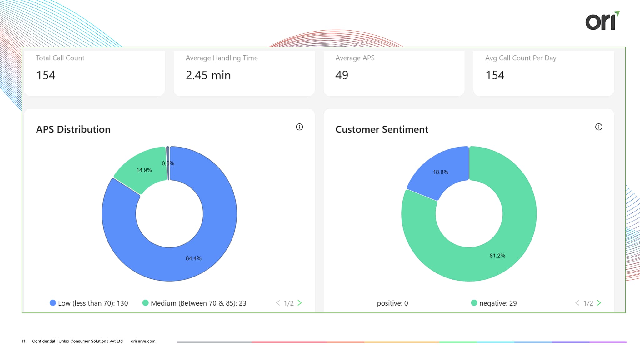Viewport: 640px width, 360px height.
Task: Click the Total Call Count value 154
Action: point(46,75)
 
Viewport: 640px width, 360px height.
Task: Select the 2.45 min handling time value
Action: point(208,75)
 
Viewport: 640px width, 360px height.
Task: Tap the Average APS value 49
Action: point(342,75)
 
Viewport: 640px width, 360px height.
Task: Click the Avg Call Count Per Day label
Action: point(521,58)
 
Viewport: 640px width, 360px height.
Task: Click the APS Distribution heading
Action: point(73,129)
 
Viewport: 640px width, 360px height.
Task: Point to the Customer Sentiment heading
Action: point(382,129)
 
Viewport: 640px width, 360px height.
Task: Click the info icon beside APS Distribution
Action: point(299,127)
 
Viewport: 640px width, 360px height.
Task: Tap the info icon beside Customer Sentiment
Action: point(598,127)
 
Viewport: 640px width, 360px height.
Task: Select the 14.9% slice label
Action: point(144,170)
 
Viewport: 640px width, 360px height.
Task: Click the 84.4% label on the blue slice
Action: point(193,258)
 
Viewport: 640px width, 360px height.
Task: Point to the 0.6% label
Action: point(168,163)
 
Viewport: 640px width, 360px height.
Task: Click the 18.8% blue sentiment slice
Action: point(441,172)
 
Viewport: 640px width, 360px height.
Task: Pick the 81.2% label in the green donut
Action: point(497,256)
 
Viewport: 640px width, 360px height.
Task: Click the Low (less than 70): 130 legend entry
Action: point(89,303)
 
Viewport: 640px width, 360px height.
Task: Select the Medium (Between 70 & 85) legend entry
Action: point(194,303)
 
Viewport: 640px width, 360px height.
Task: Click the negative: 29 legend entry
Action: point(494,303)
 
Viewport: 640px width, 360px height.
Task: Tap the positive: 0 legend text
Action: point(392,303)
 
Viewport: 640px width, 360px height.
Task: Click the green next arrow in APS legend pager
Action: point(300,303)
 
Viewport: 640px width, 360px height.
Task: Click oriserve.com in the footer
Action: point(143,341)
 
